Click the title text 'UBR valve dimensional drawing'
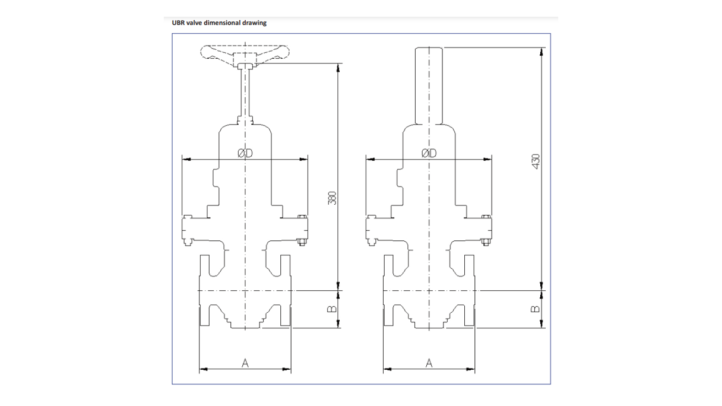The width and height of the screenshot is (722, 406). pos(219,23)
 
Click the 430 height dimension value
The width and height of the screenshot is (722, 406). pos(536,161)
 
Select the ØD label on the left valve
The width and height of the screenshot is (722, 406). pos(245,153)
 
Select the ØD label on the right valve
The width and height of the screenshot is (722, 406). pos(429,153)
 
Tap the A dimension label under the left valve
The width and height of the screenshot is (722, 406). pos(245,363)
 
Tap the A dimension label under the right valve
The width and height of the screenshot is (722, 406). pos(429,363)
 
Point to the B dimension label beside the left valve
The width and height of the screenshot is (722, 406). pos(332,309)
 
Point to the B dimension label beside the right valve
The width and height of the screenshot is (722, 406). pos(535,309)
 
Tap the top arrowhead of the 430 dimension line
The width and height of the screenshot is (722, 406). pos(541,51)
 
